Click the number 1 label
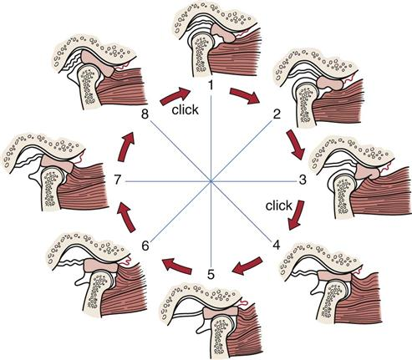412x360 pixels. click(211, 85)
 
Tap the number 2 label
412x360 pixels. click(277, 114)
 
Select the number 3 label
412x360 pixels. click(303, 180)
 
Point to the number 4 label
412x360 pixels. click(276, 246)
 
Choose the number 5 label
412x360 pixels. click(211, 275)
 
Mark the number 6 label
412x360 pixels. click(145, 246)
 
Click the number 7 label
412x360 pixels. click(118, 180)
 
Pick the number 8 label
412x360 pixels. click(145, 114)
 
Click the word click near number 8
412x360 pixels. click(185, 109)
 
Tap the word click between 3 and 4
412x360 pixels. click(279, 205)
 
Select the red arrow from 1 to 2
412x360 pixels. click(245, 96)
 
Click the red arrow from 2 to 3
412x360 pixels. click(296, 145)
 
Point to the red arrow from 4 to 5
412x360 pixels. click(247, 266)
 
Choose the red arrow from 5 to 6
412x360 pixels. click(177, 266)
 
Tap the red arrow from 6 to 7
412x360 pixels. click(126, 217)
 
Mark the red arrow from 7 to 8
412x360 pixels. click(126, 147)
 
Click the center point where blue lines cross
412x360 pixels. click(211, 181)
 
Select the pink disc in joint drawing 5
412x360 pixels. click(221, 312)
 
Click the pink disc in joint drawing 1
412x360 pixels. click(222, 33)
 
